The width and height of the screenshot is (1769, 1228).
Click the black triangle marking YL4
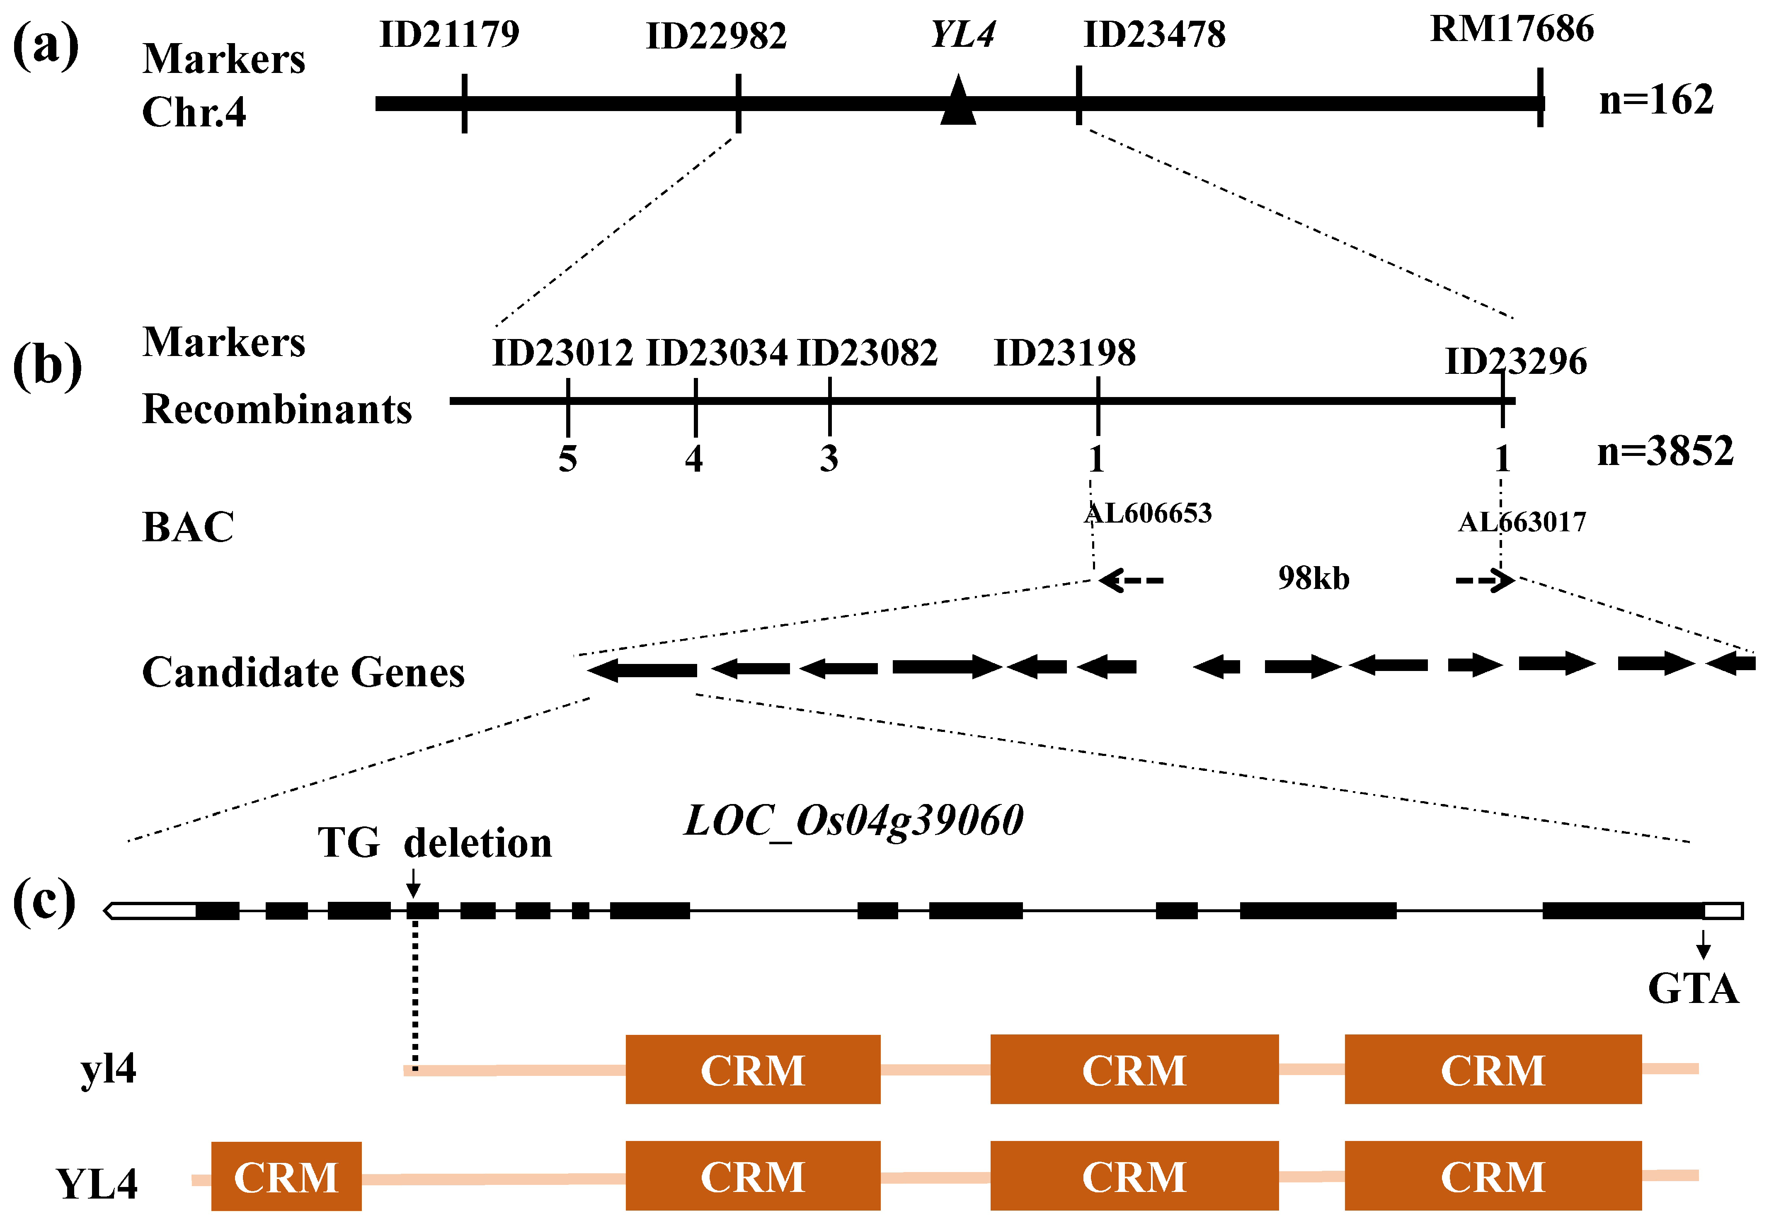coord(958,102)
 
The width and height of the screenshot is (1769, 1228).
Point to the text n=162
coord(1656,100)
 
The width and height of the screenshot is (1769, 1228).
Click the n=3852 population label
coord(1665,451)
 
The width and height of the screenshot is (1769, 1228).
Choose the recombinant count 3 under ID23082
coord(829,459)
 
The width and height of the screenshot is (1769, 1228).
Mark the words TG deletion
coord(435,843)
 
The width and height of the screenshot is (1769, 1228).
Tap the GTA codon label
coord(1693,989)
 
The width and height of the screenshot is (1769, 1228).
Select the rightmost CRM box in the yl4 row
coord(1493,1070)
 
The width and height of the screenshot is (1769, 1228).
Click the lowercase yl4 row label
coord(109,1069)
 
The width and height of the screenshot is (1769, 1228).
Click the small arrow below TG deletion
coord(413,883)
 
